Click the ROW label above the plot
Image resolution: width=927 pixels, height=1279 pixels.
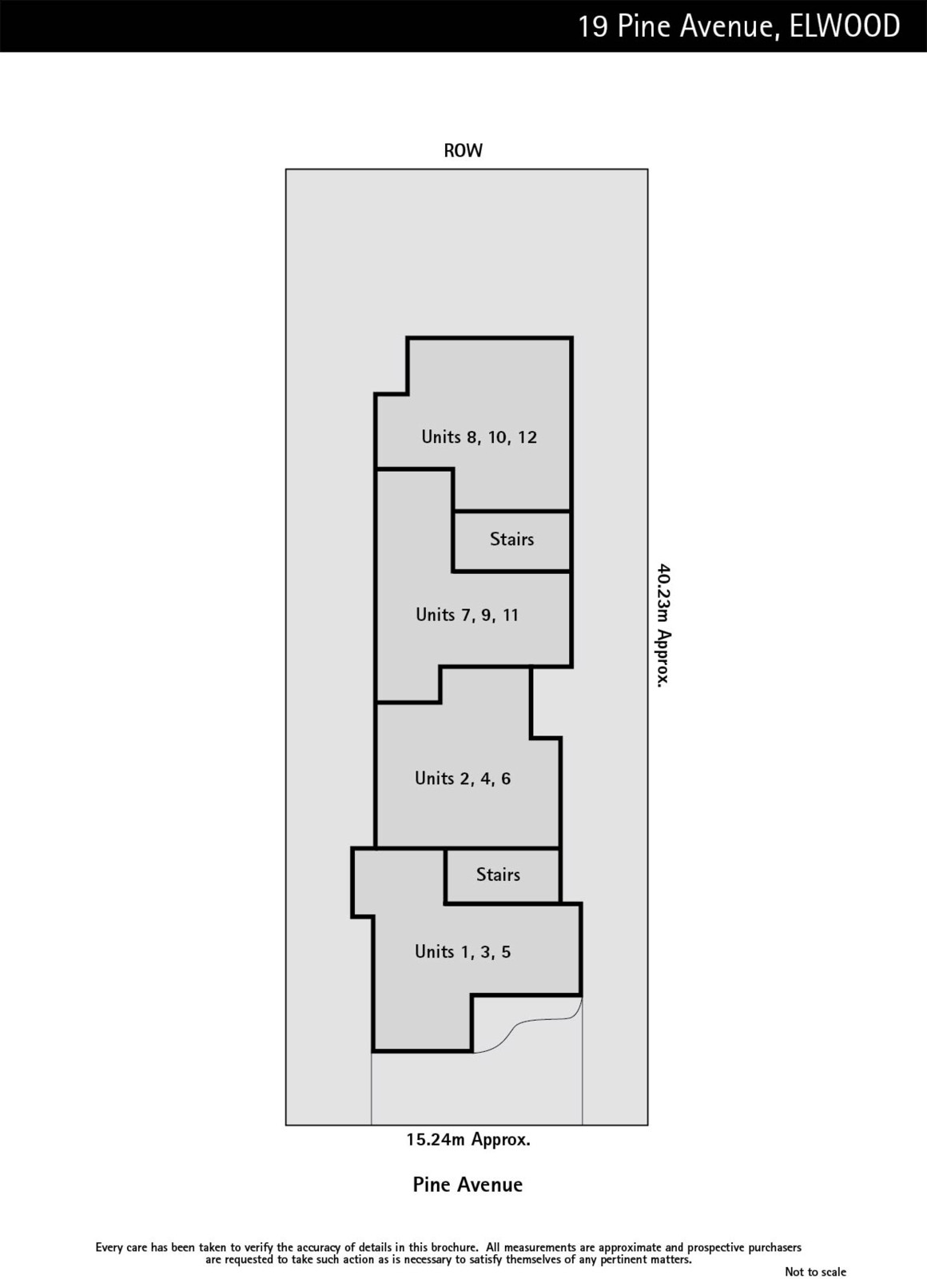coord(463,150)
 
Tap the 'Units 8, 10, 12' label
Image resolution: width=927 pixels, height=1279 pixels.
coord(479,436)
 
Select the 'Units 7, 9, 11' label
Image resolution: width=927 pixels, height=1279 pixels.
coord(467,615)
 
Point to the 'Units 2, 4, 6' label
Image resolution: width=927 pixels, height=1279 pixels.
coord(463,779)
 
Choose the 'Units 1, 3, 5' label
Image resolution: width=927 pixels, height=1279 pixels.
coord(463,951)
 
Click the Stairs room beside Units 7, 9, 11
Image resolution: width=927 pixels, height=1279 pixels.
coord(511,539)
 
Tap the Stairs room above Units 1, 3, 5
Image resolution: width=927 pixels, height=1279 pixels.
coord(498,875)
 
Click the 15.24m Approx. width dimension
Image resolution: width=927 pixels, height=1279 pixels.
coord(468,1139)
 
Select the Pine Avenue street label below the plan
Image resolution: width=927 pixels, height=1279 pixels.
coord(467,1184)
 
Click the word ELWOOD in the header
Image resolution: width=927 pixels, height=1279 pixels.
coord(844,26)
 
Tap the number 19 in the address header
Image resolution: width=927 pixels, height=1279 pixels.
coord(593,26)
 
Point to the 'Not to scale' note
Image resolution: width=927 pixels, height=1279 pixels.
coord(815,1271)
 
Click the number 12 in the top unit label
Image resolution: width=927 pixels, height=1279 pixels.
coord(527,436)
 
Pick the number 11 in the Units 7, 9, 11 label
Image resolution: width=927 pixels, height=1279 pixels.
coord(511,615)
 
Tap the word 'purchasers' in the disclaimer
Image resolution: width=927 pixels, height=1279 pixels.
coord(774,1248)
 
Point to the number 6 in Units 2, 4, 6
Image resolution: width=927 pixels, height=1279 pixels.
coord(506,779)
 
